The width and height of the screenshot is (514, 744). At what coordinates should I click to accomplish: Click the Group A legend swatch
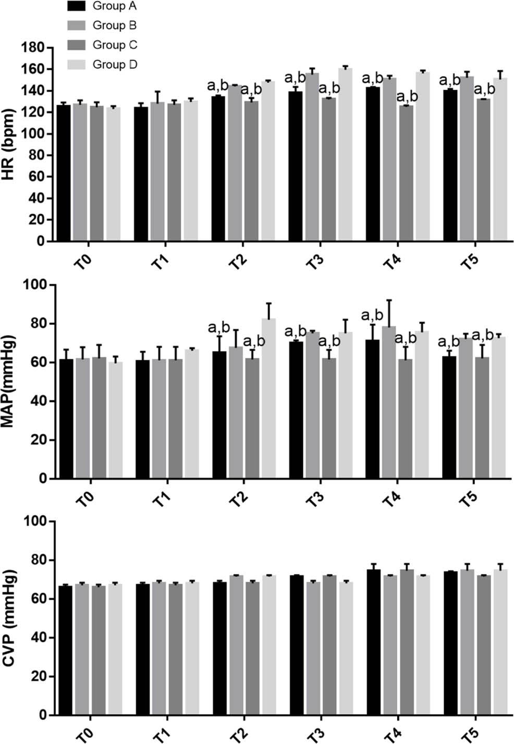point(77,6)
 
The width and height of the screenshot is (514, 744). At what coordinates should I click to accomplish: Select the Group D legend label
point(115,65)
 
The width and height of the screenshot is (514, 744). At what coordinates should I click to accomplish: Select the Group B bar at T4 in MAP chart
point(389,402)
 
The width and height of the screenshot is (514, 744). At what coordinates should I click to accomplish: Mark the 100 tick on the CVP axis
point(35,521)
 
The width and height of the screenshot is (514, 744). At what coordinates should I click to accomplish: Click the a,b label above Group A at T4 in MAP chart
point(372,315)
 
